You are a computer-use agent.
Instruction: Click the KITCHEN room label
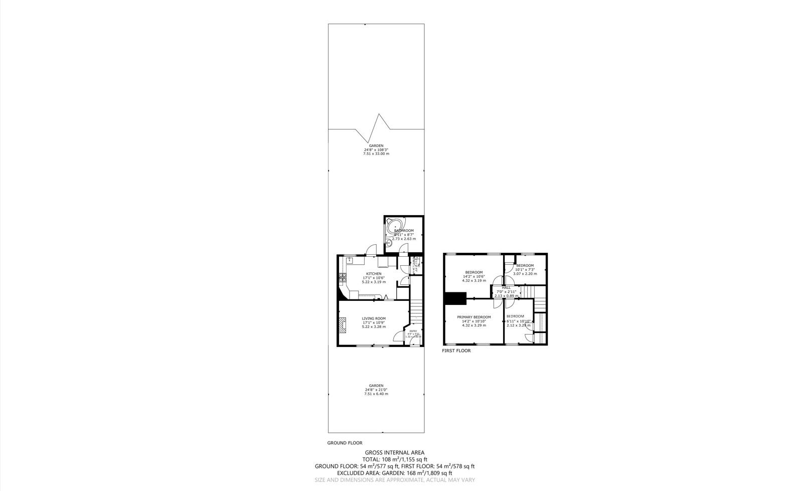point(373,274)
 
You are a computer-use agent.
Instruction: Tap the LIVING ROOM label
point(374,318)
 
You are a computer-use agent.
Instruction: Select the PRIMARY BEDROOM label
point(474,317)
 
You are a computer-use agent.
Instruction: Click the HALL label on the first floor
point(506,287)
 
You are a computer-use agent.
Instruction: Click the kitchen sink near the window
point(349,260)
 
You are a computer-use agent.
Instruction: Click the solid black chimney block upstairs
point(455,298)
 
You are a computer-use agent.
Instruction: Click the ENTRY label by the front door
point(413,331)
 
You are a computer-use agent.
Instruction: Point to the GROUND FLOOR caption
point(345,443)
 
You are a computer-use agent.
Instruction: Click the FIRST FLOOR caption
point(456,351)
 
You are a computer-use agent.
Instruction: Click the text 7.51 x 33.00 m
point(376,153)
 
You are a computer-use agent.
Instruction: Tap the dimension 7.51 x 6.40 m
point(376,394)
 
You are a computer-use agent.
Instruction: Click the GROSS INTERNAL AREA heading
point(394,452)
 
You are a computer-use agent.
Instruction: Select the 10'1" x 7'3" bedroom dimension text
point(525,269)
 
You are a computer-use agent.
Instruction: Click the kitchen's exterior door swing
point(371,249)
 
